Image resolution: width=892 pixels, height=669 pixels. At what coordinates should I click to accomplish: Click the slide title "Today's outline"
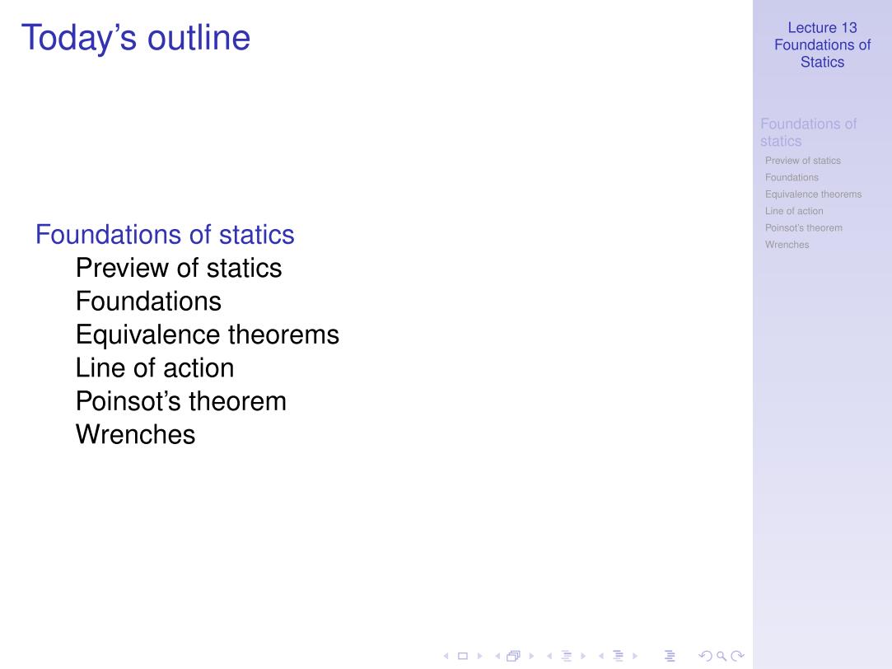tap(135, 38)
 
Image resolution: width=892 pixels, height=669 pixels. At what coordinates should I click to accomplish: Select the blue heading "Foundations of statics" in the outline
tap(165, 234)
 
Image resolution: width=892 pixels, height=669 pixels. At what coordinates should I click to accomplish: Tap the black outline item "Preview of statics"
tap(179, 268)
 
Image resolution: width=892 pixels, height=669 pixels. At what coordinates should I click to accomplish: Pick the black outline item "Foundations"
tap(148, 301)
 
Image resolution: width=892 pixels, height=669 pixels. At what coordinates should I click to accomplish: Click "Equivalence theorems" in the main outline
tap(208, 334)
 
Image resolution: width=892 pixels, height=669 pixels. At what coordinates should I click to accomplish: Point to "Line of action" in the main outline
tap(155, 368)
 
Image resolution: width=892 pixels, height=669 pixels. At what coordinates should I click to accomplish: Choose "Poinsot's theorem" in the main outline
tap(181, 401)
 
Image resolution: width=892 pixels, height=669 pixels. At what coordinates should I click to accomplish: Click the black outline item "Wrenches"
tap(135, 435)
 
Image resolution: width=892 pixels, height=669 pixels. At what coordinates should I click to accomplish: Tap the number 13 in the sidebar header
tap(849, 28)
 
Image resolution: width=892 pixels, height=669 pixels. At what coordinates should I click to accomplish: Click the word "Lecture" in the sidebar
tap(812, 28)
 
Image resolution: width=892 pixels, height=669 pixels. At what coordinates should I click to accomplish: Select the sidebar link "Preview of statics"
tap(803, 161)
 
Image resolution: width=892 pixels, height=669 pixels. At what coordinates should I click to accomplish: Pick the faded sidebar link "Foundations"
tap(792, 177)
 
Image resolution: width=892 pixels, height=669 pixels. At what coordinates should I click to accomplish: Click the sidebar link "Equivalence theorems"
tap(814, 194)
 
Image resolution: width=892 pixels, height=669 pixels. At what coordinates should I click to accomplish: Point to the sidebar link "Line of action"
tap(794, 211)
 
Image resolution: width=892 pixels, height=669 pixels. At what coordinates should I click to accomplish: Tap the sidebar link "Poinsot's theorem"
tap(804, 227)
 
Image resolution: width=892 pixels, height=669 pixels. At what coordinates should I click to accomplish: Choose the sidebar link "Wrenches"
tap(787, 245)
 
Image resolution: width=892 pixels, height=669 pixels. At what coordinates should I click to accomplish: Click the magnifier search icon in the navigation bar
tap(722, 656)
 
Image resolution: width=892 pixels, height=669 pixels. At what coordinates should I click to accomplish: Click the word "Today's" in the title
tap(79, 38)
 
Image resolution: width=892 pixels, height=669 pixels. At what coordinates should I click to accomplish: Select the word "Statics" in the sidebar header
tap(823, 62)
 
